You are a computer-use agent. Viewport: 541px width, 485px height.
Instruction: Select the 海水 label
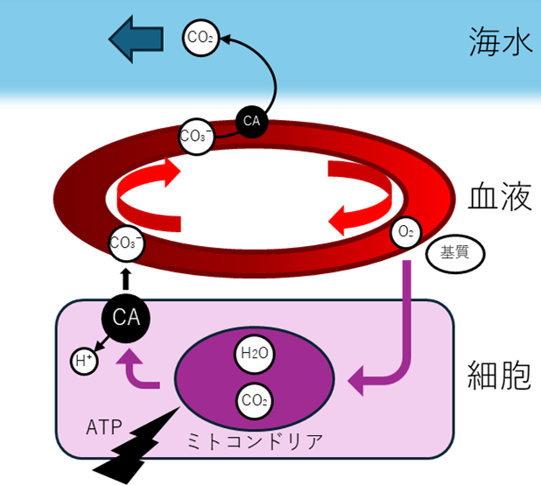coord(500,42)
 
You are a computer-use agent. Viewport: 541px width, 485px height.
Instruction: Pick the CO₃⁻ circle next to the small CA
coord(195,136)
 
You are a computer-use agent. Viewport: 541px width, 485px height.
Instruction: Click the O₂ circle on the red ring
coord(405,233)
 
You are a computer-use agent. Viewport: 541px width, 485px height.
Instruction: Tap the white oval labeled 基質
coord(454,253)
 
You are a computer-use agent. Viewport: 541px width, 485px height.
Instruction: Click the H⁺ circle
coord(83,361)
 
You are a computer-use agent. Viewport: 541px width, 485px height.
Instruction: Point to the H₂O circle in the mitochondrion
coord(254,355)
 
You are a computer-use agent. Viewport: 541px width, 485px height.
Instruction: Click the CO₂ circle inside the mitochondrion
coord(254,403)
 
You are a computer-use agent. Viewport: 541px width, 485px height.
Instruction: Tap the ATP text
coord(104,429)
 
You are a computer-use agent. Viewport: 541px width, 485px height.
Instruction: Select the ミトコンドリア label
coord(255,441)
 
